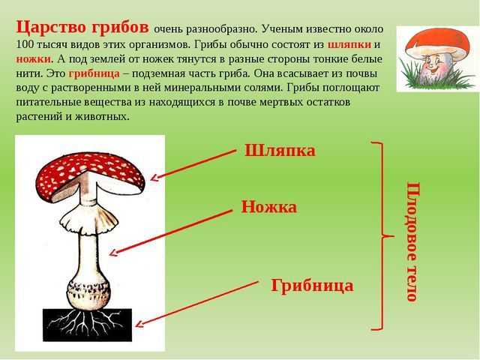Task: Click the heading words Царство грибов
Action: tap(82, 27)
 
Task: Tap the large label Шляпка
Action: tap(280, 150)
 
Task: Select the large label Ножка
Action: tap(269, 207)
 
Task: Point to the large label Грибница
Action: tap(312, 285)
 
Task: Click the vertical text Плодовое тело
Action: tap(413, 241)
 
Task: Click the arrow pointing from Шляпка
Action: tap(193, 165)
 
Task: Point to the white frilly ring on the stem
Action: tap(88, 220)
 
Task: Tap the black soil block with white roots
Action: tap(87, 325)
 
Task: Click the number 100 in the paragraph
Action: tap(25, 44)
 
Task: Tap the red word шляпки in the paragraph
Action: tap(349, 45)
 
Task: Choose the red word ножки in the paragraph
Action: tap(33, 59)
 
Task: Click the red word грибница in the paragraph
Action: tap(94, 74)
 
